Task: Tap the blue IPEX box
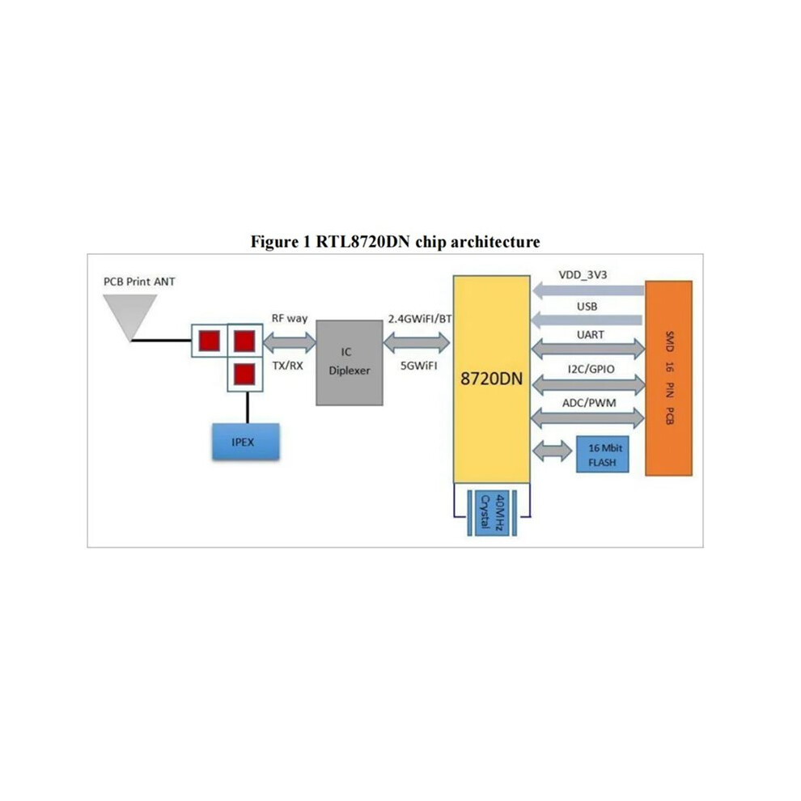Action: tap(246, 442)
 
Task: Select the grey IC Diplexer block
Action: tap(350, 362)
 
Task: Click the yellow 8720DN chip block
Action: tap(491, 379)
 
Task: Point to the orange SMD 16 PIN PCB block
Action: tap(668, 378)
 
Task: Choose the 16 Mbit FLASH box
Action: tap(603, 454)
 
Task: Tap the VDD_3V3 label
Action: tap(583, 275)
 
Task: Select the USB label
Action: tap(587, 307)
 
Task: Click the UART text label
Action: tap(591, 335)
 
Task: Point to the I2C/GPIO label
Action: tap(591, 369)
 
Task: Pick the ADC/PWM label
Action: tap(589, 403)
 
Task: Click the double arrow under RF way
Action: tap(290, 342)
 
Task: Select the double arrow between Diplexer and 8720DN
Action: tap(417, 343)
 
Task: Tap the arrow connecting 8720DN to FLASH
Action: tap(553, 451)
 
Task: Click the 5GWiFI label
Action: tap(419, 366)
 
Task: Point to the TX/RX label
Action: tap(287, 366)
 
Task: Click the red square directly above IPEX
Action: tap(244, 375)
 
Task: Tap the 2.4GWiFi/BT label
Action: tap(420, 319)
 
